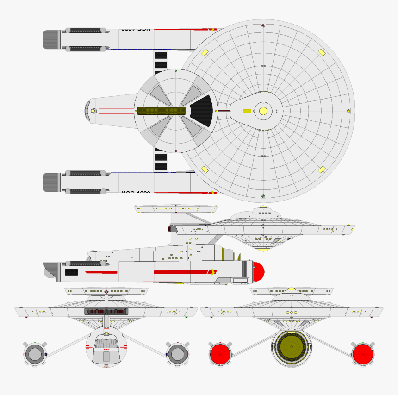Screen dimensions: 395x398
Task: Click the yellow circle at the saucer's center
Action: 263,111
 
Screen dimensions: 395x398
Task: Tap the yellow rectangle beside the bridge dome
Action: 247,111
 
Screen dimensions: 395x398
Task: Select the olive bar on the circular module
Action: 162,111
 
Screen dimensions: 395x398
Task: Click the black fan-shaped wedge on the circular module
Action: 202,111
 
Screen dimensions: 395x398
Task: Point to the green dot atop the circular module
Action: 176,71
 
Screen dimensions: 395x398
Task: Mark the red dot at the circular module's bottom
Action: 176,151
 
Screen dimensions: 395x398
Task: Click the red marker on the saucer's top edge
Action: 263,25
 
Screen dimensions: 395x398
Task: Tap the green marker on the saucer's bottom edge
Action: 263,196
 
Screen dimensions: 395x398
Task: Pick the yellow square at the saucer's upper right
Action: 321,52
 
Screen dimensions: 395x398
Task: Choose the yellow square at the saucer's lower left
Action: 204,169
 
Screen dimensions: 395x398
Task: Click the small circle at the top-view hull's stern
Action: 93,111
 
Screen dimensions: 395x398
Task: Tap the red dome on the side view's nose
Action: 258,271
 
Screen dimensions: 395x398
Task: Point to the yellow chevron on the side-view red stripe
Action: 212,272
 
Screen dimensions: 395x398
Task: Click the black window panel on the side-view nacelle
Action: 71,272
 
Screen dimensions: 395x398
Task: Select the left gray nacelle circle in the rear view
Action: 35,354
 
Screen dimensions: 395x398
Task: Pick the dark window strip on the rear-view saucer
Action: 106,312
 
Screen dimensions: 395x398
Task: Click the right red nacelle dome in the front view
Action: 363,354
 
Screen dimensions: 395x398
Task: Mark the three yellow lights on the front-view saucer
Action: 291,313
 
